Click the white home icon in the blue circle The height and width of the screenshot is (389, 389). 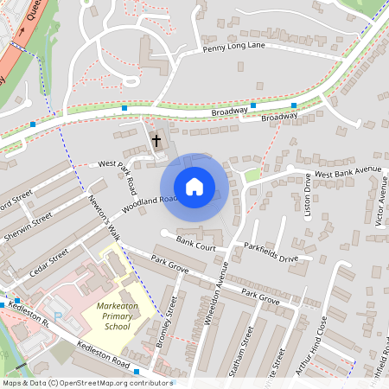pos(194,186)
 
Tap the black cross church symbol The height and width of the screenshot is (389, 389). pos(156,139)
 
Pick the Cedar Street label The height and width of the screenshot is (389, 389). pos(47,258)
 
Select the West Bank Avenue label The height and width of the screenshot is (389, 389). pos(348,172)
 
